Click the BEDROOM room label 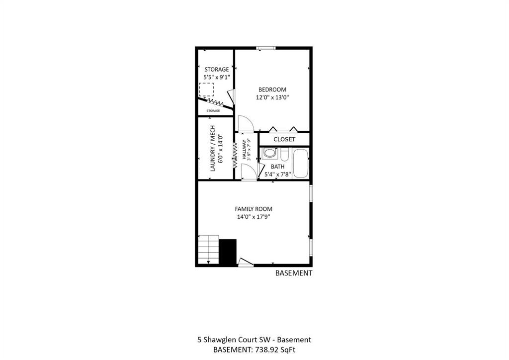272,90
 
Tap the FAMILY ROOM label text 254,209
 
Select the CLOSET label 284,139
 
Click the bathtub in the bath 301,163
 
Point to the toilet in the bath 284,155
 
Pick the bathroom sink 270,153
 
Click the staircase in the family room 208,250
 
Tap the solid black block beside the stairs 228,252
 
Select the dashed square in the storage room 206,90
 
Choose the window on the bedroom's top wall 266,48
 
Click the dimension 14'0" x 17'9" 254,217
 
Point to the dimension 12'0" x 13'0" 272,97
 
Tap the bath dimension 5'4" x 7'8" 277,175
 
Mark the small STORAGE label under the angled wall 213,111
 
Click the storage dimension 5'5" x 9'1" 217,77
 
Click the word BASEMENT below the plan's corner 294,273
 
